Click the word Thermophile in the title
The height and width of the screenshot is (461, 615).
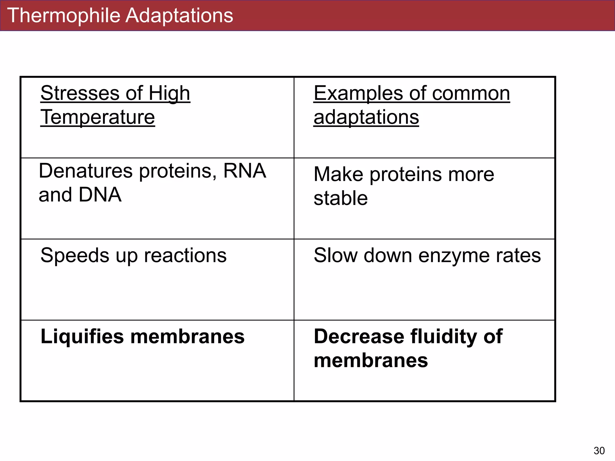click(x=63, y=16)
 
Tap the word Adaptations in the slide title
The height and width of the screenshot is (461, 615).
click(x=179, y=16)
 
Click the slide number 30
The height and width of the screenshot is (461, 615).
click(x=599, y=450)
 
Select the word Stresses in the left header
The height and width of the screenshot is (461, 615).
click(x=80, y=93)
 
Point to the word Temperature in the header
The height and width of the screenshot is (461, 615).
click(x=98, y=117)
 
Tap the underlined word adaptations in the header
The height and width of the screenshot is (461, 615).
click(x=366, y=117)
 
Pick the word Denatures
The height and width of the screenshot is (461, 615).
click(x=86, y=171)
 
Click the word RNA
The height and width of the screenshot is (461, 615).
click(x=244, y=171)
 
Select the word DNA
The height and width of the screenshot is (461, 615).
click(x=100, y=195)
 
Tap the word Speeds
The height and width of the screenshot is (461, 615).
click(x=75, y=256)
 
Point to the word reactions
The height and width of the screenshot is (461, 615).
click(x=185, y=256)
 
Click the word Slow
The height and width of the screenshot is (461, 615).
click(x=335, y=256)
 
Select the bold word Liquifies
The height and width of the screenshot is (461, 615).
click(x=82, y=337)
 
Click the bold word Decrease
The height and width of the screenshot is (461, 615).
click(x=359, y=337)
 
